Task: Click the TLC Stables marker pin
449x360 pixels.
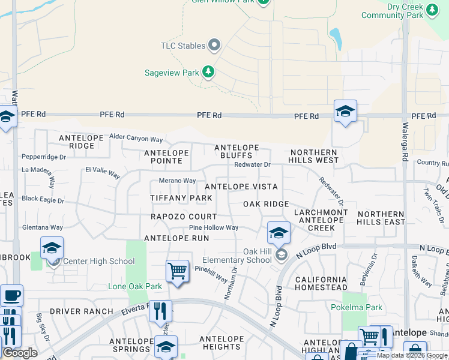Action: (214, 45)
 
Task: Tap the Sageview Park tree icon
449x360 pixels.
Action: (208, 73)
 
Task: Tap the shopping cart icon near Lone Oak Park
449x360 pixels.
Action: (177, 271)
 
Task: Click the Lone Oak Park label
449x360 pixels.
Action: (135, 287)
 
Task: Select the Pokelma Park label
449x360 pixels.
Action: (357, 307)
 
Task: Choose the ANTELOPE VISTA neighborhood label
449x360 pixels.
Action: (241, 187)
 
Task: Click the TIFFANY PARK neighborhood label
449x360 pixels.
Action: (181, 198)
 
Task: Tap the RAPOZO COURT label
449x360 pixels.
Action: (184, 217)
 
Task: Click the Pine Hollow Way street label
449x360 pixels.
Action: (214, 228)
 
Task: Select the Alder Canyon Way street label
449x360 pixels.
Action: (136, 138)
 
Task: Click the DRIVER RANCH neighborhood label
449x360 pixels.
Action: (81, 311)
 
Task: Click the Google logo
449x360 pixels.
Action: (20, 353)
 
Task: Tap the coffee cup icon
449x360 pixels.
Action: (11, 296)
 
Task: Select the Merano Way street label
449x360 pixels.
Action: (177, 181)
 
